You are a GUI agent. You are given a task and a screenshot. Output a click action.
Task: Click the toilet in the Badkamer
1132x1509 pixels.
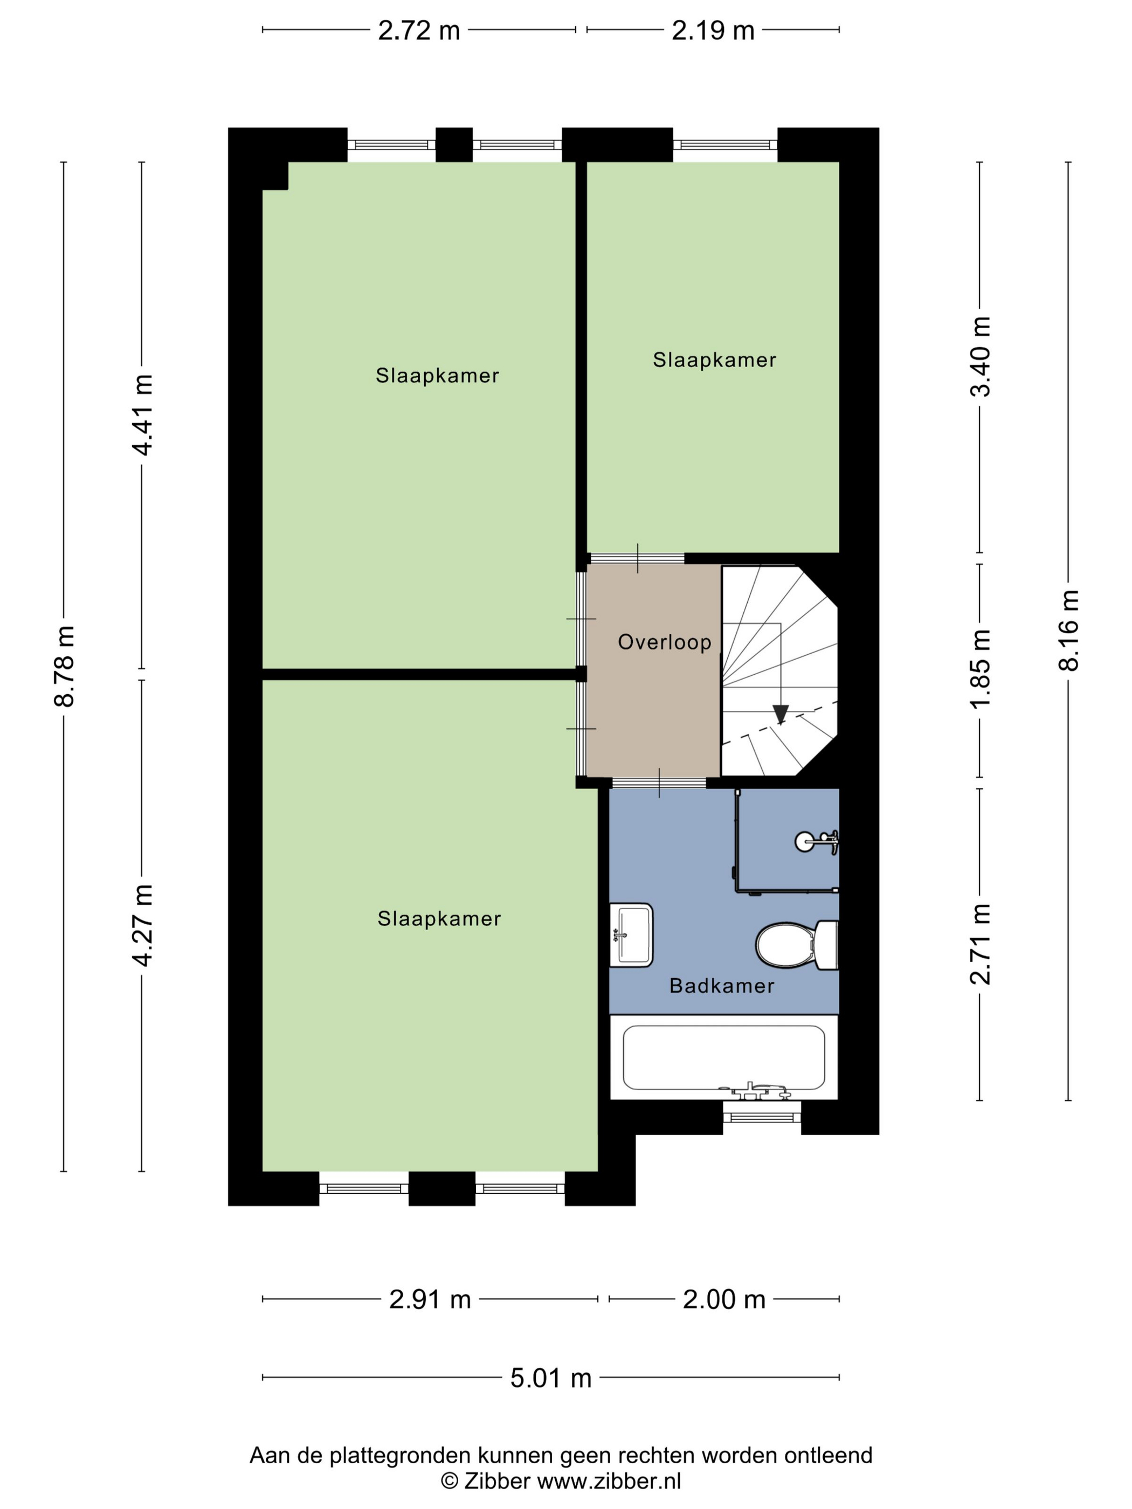(797, 945)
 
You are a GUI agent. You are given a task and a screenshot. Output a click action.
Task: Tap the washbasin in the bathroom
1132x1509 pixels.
(631, 935)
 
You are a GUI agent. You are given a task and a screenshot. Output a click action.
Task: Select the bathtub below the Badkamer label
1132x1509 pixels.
(724, 1057)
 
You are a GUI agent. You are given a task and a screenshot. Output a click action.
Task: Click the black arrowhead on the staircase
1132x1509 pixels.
(781, 714)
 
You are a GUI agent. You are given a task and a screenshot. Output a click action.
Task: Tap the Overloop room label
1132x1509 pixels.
(665, 642)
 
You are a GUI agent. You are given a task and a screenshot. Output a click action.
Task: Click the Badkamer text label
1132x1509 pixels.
(722, 986)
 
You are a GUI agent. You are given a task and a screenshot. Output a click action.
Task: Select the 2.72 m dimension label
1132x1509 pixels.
(419, 31)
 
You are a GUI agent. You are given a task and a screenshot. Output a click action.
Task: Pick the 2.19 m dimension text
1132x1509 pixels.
(713, 31)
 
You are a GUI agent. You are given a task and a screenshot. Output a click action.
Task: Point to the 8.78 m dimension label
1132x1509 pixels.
(65, 666)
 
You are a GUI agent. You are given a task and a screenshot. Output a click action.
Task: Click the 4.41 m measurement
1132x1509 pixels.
(143, 415)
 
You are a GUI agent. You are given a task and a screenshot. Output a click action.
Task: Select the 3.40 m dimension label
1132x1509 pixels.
(981, 356)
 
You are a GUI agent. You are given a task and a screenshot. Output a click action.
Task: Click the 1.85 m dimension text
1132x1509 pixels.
(981, 669)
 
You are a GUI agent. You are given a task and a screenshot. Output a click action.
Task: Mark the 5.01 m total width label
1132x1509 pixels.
(551, 1378)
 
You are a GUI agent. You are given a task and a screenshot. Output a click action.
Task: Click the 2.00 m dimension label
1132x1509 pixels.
(724, 1299)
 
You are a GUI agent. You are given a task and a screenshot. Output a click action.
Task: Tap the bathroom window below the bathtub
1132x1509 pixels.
(762, 1117)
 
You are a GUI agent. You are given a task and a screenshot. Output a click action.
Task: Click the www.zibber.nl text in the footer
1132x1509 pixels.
(609, 1481)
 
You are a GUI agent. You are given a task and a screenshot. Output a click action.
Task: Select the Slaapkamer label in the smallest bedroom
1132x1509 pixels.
(714, 360)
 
